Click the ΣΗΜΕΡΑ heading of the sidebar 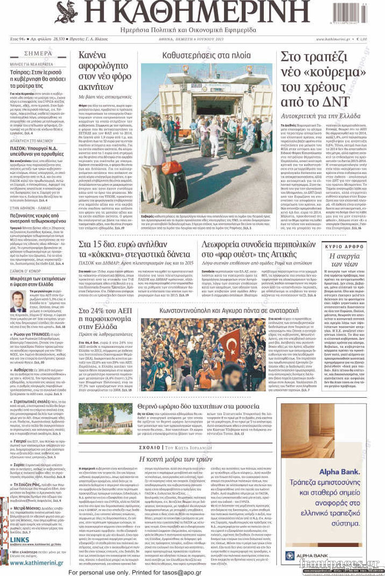pos(38,54)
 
